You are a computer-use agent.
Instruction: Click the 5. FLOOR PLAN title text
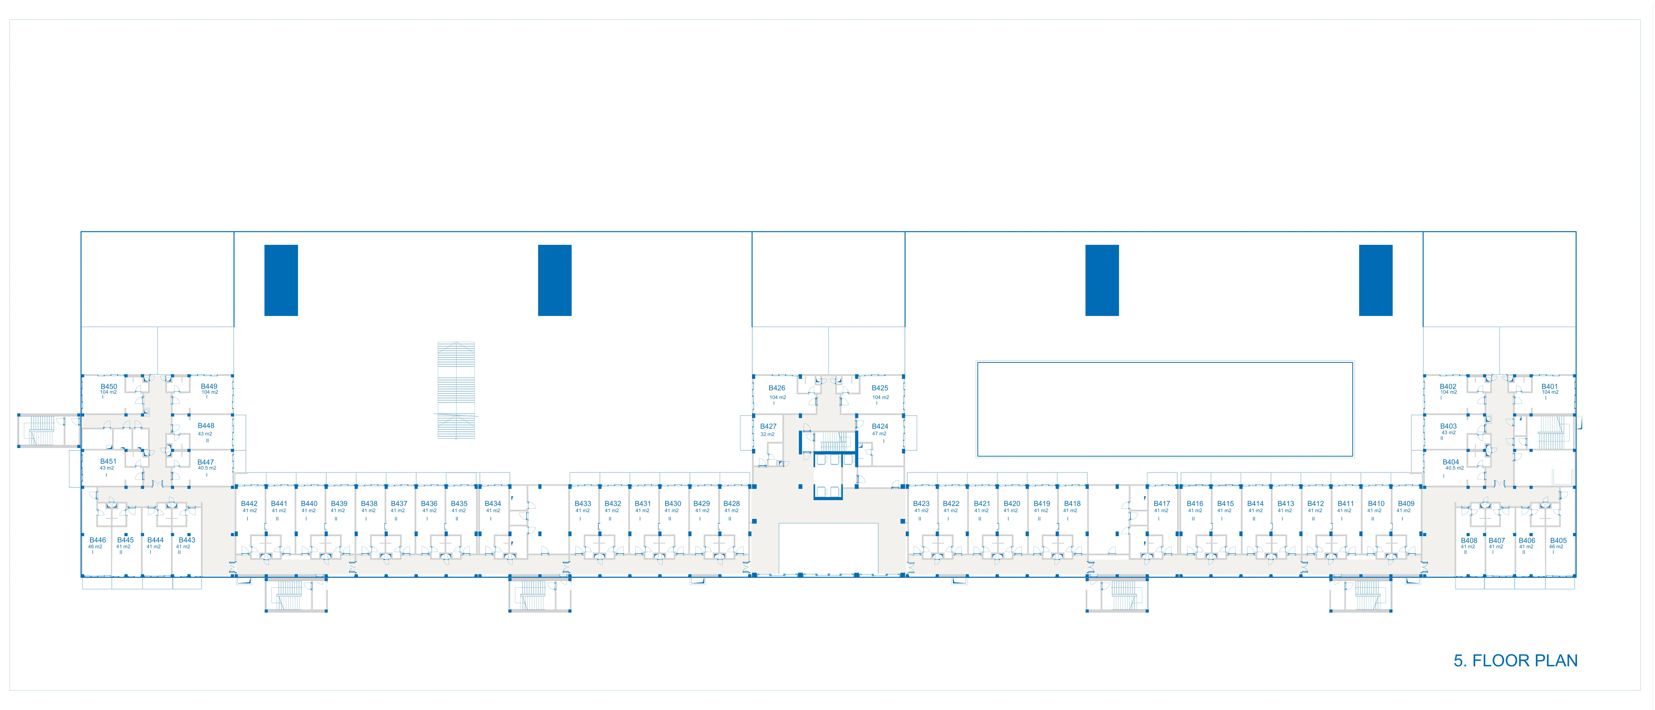click(x=1516, y=660)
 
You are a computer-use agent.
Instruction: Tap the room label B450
click(x=109, y=387)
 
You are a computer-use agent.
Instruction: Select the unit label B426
click(x=777, y=388)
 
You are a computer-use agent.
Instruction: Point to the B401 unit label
click(x=1550, y=387)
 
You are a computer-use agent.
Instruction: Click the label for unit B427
click(x=768, y=426)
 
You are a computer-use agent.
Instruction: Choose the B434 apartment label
click(x=493, y=504)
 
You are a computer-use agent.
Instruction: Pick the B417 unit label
click(x=1162, y=504)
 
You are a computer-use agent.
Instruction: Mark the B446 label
click(x=98, y=540)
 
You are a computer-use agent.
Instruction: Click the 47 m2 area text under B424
click(x=879, y=434)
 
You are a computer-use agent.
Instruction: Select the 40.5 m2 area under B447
click(x=207, y=468)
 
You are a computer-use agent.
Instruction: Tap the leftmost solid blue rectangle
click(x=281, y=280)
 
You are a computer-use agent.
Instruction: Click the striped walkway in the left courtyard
click(x=456, y=390)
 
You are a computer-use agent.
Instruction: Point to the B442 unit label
click(x=249, y=504)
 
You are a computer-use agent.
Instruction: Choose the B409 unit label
click(x=1406, y=504)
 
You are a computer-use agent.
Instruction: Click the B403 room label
click(x=1448, y=426)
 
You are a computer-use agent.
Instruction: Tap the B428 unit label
click(x=731, y=504)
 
